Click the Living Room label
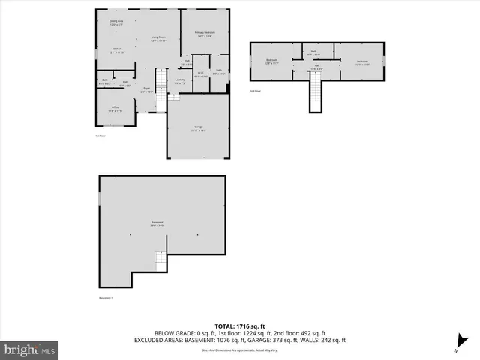tap(158, 39)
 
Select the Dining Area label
tap(116, 22)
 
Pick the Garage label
tap(199, 128)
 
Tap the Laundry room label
tap(180, 81)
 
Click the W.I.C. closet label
tap(200, 74)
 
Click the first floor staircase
tap(160, 80)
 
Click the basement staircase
tap(160, 261)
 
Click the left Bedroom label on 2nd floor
tap(271, 61)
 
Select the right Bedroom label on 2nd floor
tap(362, 63)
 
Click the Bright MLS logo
tap(30, 349)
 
